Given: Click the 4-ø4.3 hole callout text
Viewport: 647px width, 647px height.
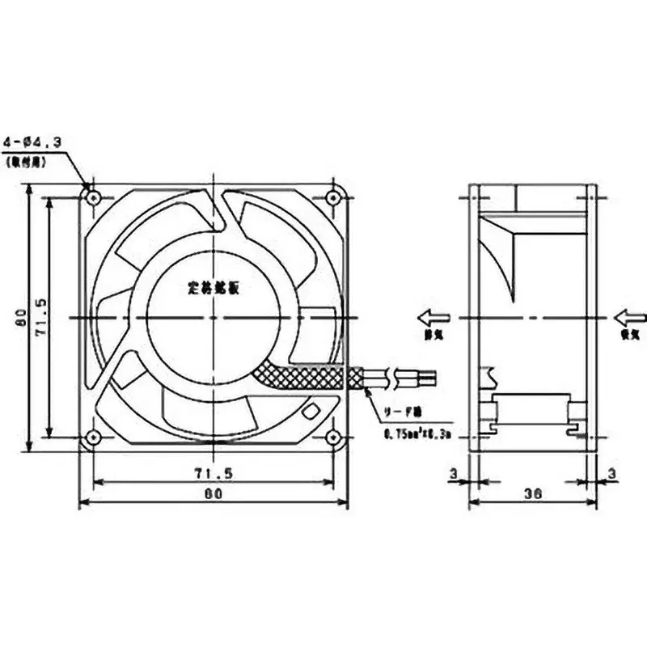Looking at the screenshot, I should point(35,143).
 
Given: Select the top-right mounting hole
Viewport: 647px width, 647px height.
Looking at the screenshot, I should point(332,197).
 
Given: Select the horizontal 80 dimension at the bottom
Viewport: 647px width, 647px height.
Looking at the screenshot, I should point(212,493).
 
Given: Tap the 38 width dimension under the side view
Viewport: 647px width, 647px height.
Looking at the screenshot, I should point(531,491).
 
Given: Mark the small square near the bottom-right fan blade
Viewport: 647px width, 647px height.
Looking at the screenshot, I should point(309,409).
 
